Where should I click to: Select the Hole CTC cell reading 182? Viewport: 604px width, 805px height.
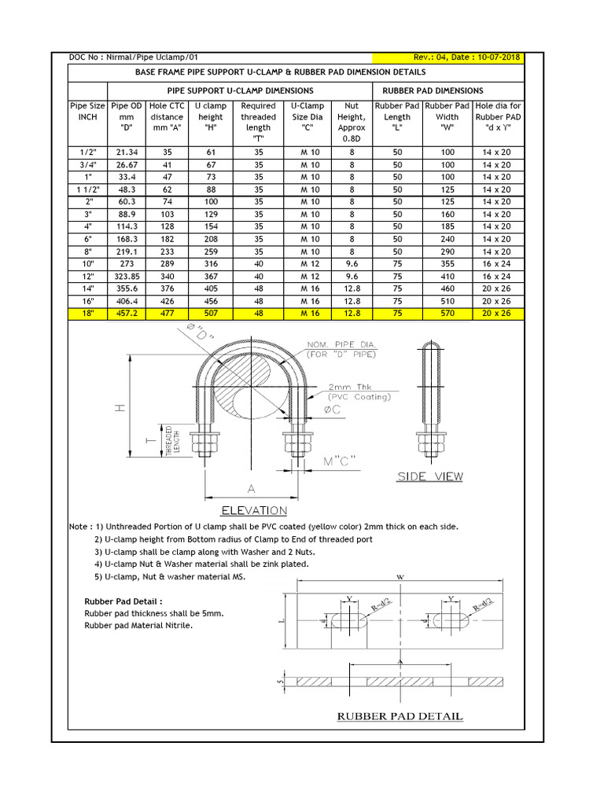coord(167,239)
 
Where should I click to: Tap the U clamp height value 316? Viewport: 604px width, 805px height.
coord(211,264)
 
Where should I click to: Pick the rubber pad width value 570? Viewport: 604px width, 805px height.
coord(447,314)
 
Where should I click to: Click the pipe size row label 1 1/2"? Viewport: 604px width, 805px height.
coord(87,189)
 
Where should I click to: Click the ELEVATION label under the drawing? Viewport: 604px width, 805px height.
coord(254,510)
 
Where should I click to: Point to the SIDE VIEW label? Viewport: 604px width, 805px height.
coord(429,476)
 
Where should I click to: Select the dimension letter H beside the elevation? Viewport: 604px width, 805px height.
coord(119,410)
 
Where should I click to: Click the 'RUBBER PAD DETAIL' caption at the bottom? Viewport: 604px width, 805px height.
coord(400,716)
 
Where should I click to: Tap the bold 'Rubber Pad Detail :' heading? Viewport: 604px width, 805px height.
coord(123,601)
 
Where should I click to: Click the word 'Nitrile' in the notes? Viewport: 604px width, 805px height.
coord(178,626)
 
